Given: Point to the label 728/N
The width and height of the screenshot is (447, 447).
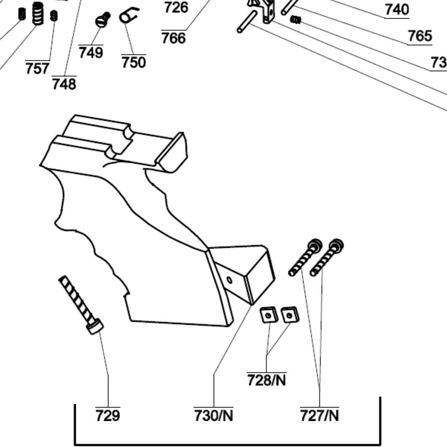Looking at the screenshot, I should pos(267,380).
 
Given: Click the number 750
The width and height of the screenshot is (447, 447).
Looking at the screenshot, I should pos(133,62).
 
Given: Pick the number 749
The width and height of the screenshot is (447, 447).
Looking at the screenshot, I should pos(91,53).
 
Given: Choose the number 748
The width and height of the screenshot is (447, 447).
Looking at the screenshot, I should pos(64,84).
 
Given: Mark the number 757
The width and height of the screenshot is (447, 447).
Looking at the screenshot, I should pos(37,69).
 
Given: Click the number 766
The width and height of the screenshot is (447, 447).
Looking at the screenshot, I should pos(174,38).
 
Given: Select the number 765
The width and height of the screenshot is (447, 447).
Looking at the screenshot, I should pos(420,36).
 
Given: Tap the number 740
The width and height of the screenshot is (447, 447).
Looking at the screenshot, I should pos(397,10).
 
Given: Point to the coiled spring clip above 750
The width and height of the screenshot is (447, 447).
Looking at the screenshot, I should pos(129,16).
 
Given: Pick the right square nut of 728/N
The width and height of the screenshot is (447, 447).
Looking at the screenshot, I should pos(290,315).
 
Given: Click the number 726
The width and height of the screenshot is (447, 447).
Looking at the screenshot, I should pos(176,7).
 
